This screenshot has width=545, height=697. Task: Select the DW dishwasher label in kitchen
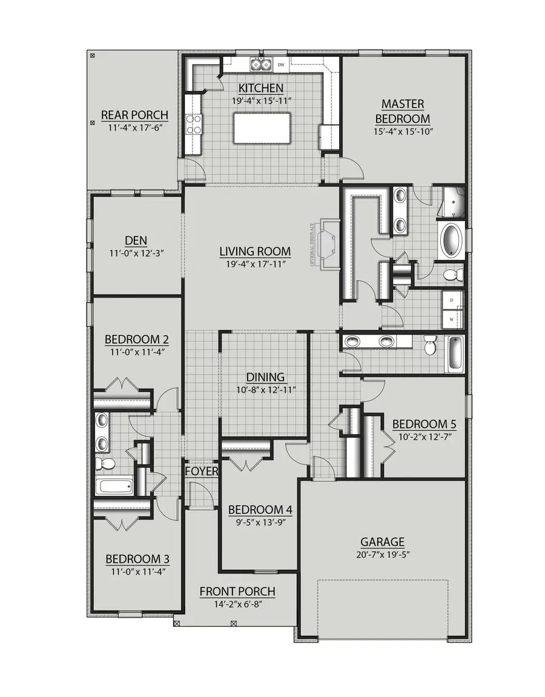[x=281, y=64]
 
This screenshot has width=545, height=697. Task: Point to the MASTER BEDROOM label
[x=402, y=111]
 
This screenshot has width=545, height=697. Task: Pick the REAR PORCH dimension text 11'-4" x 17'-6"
[x=134, y=128]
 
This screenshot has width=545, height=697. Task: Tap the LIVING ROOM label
[x=255, y=251]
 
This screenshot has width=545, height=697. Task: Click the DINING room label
[x=265, y=377]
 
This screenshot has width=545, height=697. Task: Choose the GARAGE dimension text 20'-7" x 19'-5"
[x=382, y=554]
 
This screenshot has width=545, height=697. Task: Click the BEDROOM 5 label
[x=424, y=424]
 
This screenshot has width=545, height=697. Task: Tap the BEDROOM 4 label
[x=260, y=509]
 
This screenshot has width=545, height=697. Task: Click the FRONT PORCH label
[x=237, y=591]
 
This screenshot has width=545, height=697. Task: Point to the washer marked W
[x=452, y=318]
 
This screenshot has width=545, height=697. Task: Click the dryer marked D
[x=452, y=299]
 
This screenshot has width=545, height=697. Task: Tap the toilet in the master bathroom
[x=452, y=276]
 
